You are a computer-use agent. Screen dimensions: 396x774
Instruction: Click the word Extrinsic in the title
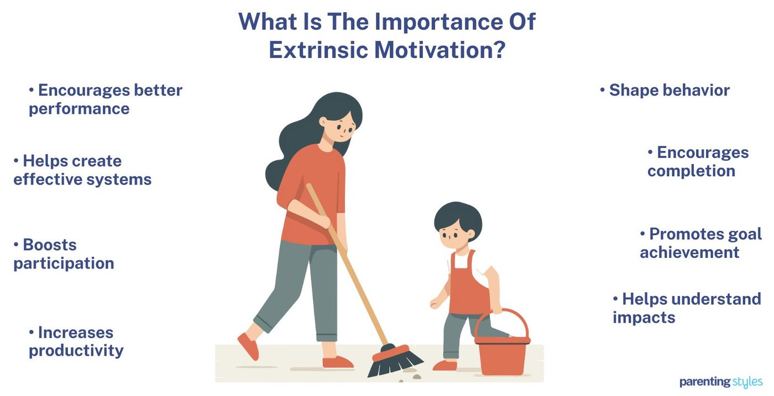point(318,49)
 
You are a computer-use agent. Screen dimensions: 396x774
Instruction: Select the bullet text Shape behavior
point(669,90)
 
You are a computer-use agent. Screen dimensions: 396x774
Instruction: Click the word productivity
point(76,350)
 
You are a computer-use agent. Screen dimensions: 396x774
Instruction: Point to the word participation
point(64,263)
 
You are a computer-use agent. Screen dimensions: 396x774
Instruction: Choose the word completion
point(691,171)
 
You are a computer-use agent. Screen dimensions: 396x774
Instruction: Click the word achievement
point(689,252)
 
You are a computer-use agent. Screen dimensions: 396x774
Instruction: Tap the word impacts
point(644,317)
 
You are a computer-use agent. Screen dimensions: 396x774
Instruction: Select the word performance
point(79,108)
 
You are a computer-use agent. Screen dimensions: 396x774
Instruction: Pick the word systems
point(118,179)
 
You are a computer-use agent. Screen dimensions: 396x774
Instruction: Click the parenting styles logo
point(720,382)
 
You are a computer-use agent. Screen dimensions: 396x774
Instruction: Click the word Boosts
point(49,245)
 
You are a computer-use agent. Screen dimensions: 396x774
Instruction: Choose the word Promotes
point(687,234)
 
